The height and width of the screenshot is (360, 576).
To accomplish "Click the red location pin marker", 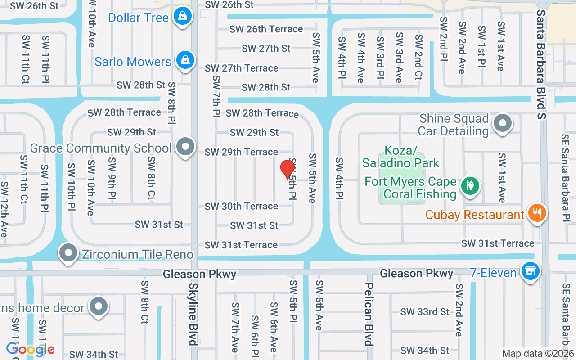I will (287, 170).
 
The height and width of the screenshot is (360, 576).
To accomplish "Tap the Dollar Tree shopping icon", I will (183, 16).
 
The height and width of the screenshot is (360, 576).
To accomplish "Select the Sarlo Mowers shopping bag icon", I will (184, 60).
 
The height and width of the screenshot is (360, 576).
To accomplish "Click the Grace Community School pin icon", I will (185, 147).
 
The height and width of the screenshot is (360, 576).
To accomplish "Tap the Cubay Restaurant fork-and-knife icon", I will (536, 213).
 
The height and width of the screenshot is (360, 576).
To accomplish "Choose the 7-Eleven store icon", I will (530, 271).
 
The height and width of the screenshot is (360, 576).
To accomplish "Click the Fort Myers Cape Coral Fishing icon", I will (470, 185).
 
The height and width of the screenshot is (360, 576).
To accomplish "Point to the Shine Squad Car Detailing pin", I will (502, 123).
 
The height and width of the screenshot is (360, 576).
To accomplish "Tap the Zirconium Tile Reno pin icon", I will (68, 253).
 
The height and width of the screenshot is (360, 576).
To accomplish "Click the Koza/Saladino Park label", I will (400, 156).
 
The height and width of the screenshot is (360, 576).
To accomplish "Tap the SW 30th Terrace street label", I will (241, 207).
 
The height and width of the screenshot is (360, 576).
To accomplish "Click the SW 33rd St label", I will (425, 311).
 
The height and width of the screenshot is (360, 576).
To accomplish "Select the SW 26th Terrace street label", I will (266, 29).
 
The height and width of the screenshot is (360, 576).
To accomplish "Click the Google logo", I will (30, 349).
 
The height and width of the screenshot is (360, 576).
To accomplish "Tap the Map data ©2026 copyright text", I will (538, 354).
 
